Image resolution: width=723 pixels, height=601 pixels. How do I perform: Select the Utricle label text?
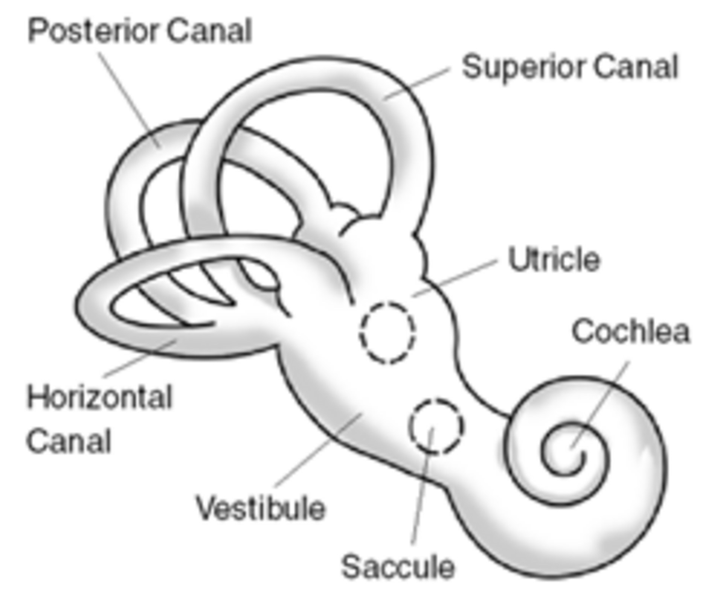[554, 259]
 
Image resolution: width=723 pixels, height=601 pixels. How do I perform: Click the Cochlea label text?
[631, 332]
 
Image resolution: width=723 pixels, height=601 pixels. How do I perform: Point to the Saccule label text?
[398, 567]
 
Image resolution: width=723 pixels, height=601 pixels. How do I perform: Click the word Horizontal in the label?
[99, 397]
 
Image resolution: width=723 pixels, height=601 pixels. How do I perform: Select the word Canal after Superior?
[635, 68]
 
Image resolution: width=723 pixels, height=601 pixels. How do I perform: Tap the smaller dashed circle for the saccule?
[436, 426]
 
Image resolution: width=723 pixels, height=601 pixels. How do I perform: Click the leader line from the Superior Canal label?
[416, 84]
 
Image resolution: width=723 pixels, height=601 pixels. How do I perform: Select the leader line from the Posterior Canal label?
[130, 100]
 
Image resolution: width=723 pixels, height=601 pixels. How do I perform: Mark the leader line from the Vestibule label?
[319, 450]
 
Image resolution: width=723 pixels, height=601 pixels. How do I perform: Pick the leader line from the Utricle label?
[455, 278]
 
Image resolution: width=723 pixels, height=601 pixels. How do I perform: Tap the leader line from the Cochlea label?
[599, 405]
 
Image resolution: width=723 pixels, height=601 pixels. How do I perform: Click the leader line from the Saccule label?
[422, 485]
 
